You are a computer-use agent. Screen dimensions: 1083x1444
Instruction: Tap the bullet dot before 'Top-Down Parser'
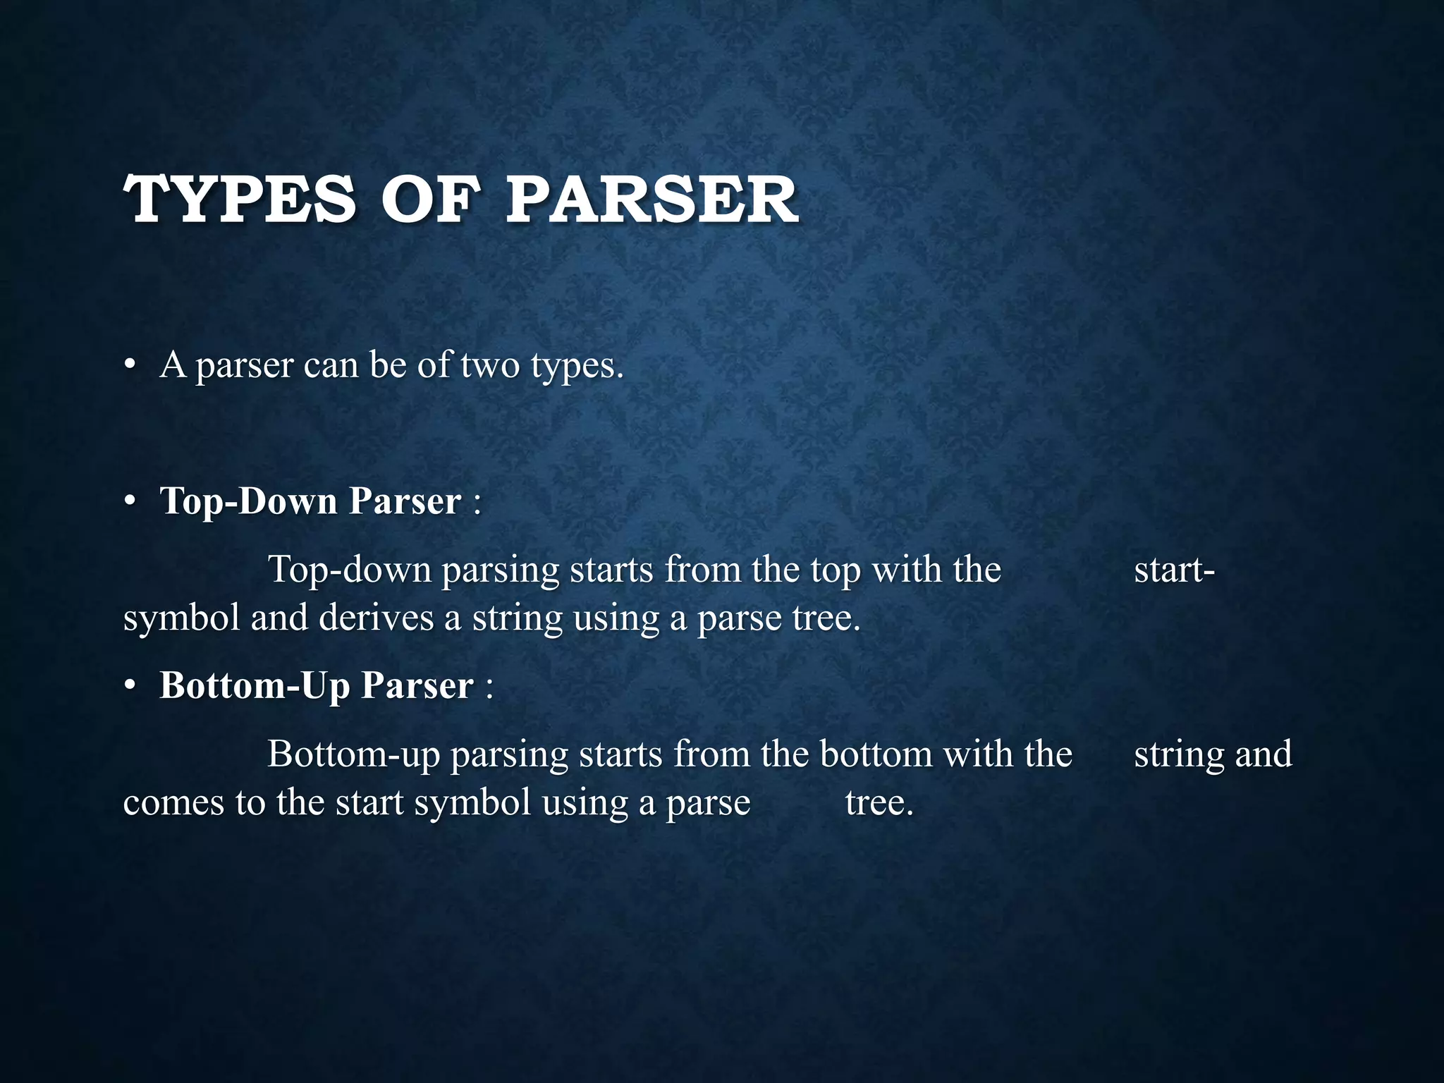pos(129,501)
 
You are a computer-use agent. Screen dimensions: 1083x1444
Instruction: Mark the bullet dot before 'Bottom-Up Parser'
pos(129,685)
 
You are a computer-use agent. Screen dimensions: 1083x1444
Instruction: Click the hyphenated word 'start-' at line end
pos(1174,570)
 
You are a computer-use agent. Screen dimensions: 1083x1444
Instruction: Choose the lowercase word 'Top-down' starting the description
pos(350,570)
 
